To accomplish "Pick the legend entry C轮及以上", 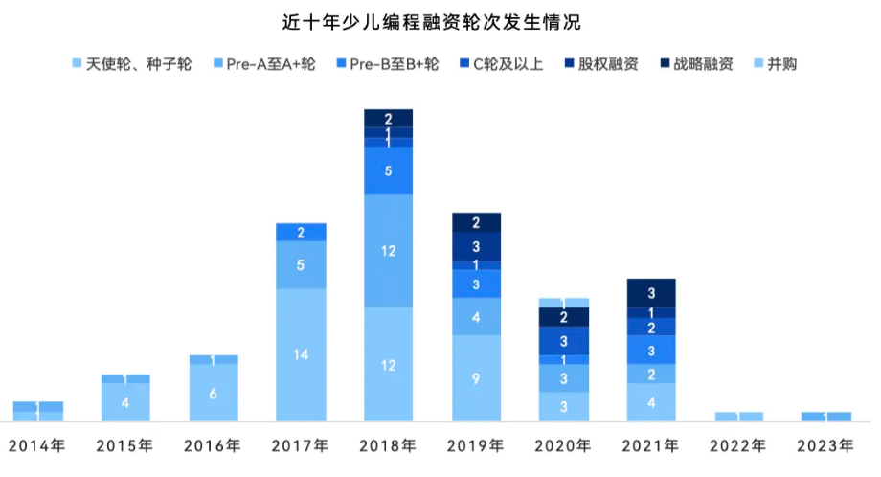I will [x=501, y=64].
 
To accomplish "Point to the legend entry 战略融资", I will [x=696, y=64].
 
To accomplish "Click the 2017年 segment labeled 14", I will [x=301, y=354].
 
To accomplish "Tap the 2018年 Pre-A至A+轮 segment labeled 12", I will [x=389, y=251].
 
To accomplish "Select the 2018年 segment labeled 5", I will [x=389, y=170].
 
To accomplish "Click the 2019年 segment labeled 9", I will [x=476, y=377].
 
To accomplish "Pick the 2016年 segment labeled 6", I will [x=214, y=393].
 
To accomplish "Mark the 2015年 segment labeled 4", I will [x=125, y=402].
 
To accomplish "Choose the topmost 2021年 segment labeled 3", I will [x=651, y=292].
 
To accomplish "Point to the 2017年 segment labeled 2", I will [x=301, y=232].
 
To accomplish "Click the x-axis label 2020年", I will [x=563, y=445].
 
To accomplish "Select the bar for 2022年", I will [x=739, y=417].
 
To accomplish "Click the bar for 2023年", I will [x=826, y=417].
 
